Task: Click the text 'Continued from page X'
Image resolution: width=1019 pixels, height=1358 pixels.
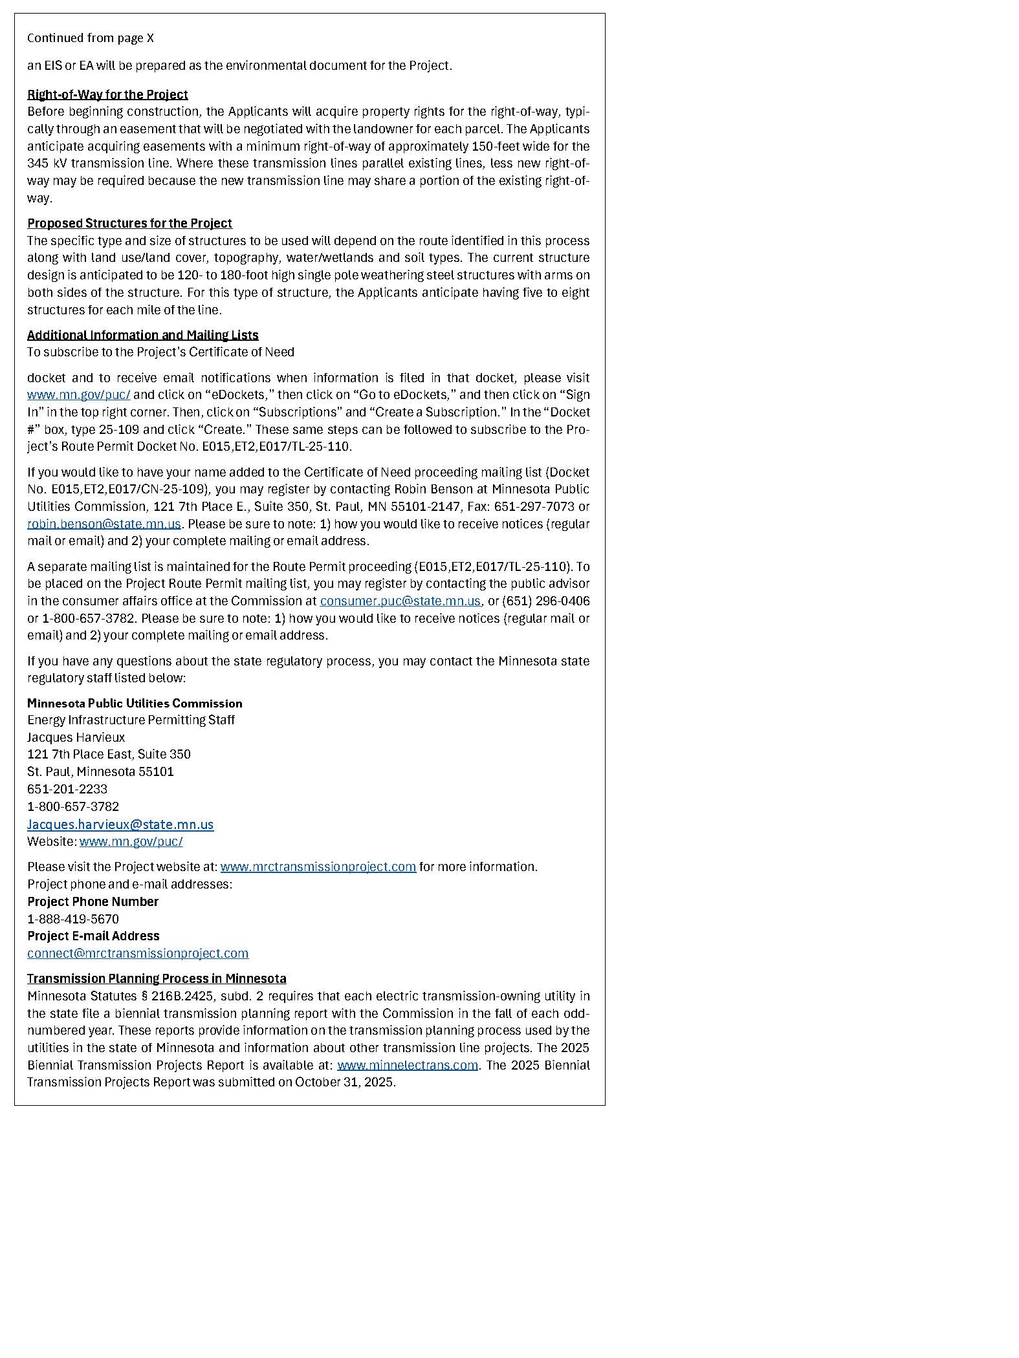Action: pos(91,38)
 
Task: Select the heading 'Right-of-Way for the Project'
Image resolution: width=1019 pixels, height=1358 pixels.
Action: pos(107,94)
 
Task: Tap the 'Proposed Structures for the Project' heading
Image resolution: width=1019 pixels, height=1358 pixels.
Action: pos(129,223)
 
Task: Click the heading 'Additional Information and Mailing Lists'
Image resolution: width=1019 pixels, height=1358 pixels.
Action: pos(142,335)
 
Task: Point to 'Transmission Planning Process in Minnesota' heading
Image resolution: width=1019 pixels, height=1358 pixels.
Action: pos(157,978)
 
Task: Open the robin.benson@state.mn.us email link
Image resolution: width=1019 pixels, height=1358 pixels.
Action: pos(104,524)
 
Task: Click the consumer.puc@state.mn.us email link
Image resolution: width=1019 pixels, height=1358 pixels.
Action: pos(400,601)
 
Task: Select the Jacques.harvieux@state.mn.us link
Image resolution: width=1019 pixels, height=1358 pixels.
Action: pos(120,824)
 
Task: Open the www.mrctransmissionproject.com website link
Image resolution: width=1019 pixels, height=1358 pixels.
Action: pos(318,867)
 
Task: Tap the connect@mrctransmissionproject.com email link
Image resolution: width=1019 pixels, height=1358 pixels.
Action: pos(138,953)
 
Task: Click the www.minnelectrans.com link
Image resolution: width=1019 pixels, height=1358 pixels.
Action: pos(407,1065)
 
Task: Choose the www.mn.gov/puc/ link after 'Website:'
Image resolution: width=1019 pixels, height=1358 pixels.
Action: pos(131,841)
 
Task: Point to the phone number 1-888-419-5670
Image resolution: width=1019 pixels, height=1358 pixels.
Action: pos(73,919)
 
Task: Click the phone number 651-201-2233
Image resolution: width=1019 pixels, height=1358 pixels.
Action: pos(67,789)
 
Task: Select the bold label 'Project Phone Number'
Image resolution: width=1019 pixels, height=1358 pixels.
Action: pos(93,901)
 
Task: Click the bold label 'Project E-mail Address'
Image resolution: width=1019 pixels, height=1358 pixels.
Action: pos(93,936)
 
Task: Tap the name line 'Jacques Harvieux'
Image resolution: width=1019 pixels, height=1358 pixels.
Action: pos(76,737)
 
